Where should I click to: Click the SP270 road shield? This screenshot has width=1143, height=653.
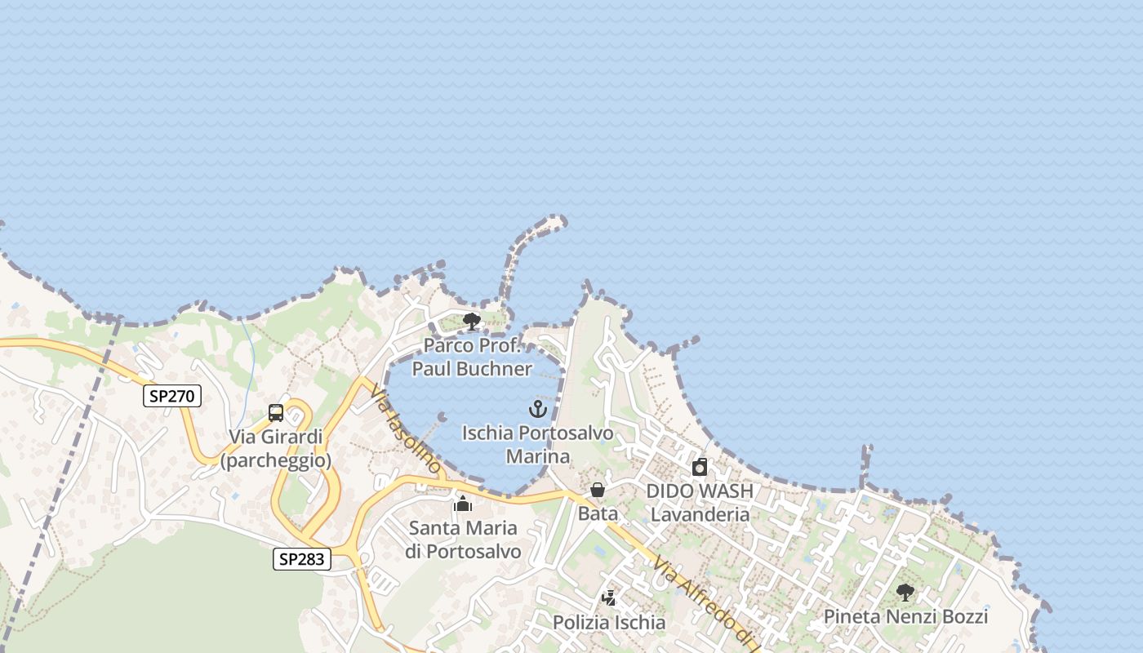pyautogui.click(x=172, y=397)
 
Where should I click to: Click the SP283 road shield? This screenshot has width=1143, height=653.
pyautogui.click(x=301, y=559)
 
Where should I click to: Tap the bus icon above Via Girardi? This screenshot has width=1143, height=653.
pyautogui.click(x=276, y=413)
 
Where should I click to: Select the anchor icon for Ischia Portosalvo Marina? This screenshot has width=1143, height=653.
pyautogui.click(x=537, y=409)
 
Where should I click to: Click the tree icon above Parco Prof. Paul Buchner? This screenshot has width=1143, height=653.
pyautogui.click(x=471, y=322)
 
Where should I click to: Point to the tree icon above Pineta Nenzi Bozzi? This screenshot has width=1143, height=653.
pyautogui.click(x=905, y=593)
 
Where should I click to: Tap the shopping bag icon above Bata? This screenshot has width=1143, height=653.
pyautogui.click(x=598, y=490)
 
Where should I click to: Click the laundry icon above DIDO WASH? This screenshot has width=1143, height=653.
pyautogui.click(x=700, y=468)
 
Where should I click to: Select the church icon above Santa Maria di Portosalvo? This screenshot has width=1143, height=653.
pyautogui.click(x=463, y=504)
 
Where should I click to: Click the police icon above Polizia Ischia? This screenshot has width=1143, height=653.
pyautogui.click(x=608, y=598)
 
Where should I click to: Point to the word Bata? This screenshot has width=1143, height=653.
pyautogui.click(x=598, y=514)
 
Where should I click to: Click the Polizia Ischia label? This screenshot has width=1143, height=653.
pyautogui.click(x=609, y=623)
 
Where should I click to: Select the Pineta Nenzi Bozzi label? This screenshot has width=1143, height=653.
pyautogui.click(x=905, y=616)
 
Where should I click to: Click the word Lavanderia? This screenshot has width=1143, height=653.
pyautogui.click(x=700, y=514)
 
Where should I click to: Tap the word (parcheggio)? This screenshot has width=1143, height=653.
pyautogui.click(x=276, y=460)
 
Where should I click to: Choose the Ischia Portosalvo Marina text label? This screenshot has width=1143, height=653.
pyautogui.click(x=537, y=444)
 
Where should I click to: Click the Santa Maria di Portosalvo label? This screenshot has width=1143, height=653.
pyautogui.click(x=463, y=540)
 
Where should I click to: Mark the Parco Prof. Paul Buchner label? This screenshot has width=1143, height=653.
pyautogui.click(x=472, y=357)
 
